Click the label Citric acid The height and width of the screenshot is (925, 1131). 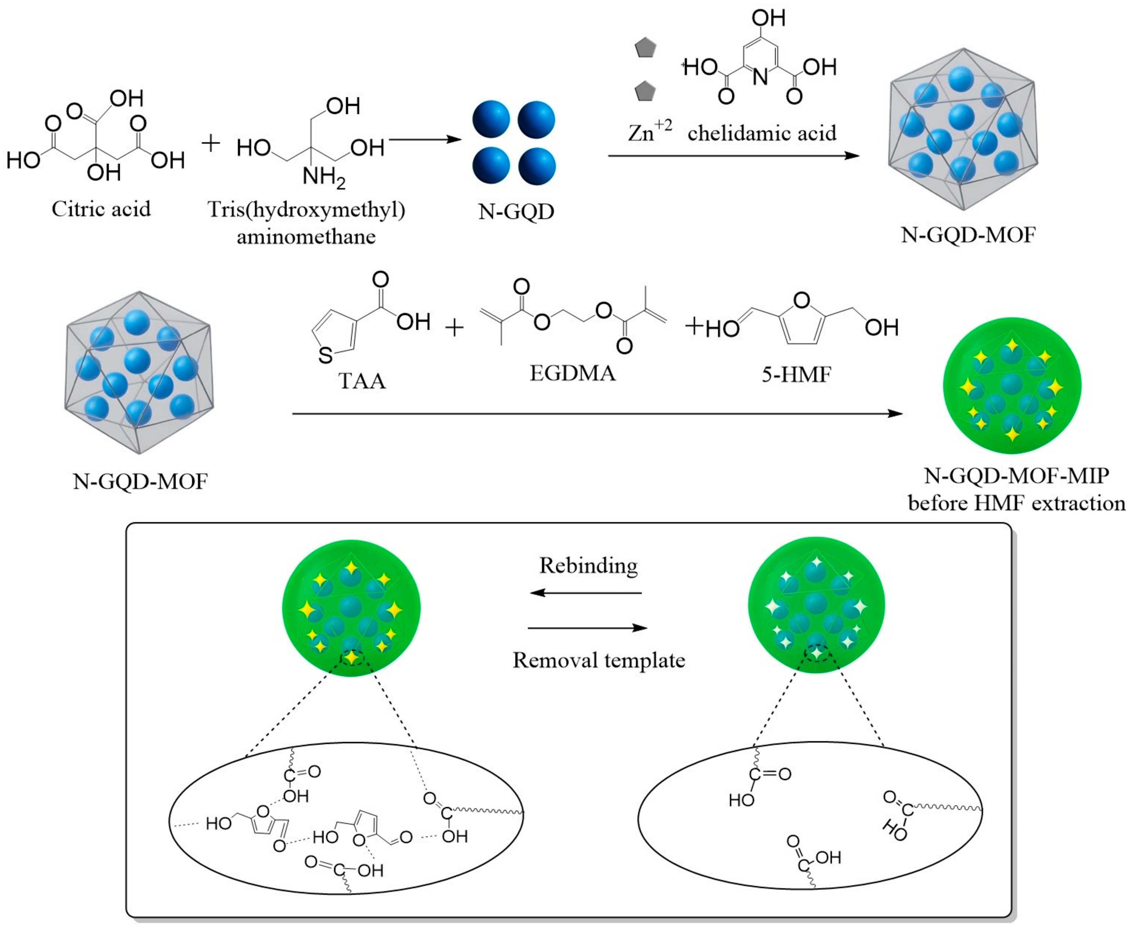(101, 209)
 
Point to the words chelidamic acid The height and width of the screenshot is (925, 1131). (762, 133)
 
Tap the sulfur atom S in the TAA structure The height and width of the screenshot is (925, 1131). (325, 355)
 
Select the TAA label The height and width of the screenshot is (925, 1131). (362, 382)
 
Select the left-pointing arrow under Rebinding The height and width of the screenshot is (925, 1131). (586, 592)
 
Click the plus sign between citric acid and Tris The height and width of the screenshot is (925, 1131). (211, 143)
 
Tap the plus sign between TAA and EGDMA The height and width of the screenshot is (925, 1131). (455, 328)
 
